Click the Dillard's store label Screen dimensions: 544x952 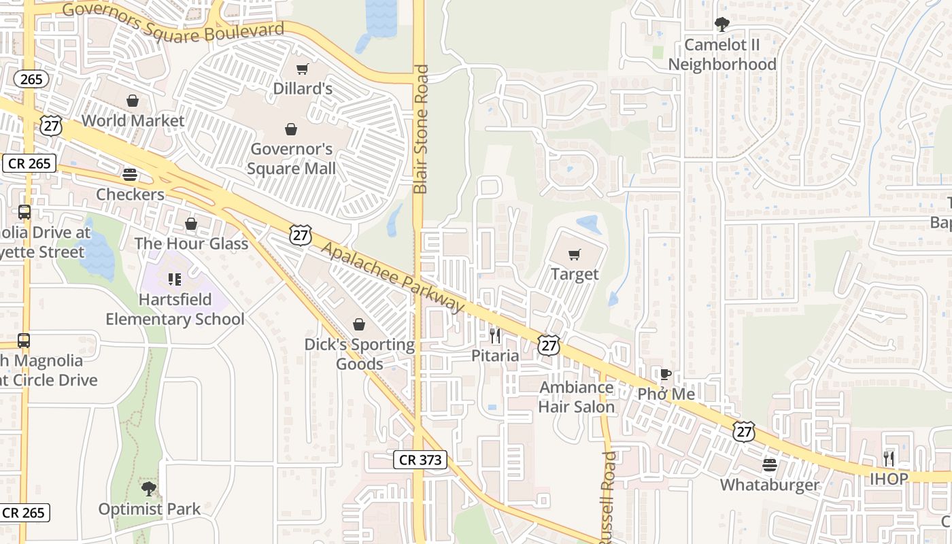point(303,88)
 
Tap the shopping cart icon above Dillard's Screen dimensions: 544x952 point(303,69)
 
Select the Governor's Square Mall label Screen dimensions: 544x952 point(292,158)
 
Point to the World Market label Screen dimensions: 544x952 point(133,120)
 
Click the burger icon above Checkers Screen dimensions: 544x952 point(130,175)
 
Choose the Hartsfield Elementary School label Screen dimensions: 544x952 point(175,309)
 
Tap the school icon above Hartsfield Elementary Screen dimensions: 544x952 point(175,279)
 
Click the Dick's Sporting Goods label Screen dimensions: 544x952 point(359,354)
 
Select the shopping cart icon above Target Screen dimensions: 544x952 point(575,255)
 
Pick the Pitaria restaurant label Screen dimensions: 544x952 point(495,356)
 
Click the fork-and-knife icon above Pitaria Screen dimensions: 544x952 point(495,336)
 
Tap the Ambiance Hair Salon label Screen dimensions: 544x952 point(577,397)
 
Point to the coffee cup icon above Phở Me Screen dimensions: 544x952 point(666,375)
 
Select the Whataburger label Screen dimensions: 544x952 point(770,485)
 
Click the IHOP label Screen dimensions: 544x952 point(889,479)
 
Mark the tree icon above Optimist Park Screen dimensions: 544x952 point(149,488)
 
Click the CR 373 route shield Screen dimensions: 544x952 point(420,460)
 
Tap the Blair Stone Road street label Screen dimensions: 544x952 point(422,129)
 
